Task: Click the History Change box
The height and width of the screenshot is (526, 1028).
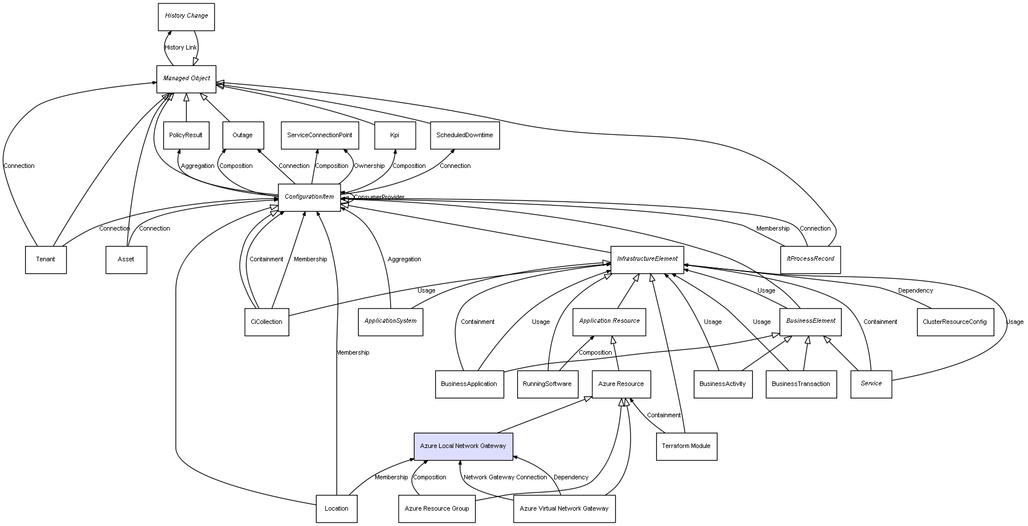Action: click(186, 17)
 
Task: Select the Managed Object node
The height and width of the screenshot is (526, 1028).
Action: click(186, 79)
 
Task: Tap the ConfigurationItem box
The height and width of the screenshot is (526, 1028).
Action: click(309, 198)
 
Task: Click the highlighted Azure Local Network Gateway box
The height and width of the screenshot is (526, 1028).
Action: click(463, 446)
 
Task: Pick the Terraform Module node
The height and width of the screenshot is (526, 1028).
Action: click(686, 446)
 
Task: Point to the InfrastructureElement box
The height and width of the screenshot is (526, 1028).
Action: click(647, 259)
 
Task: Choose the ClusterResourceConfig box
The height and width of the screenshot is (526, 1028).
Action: click(955, 322)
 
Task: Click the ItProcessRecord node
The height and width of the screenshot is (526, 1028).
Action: click(810, 259)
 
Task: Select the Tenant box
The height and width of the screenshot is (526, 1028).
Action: click(46, 260)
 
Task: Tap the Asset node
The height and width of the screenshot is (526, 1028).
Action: click(126, 260)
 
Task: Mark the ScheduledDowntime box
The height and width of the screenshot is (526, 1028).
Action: click(465, 135)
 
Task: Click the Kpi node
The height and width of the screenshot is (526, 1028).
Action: click(395, 135)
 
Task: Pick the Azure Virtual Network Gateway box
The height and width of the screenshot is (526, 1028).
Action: click(564, 509)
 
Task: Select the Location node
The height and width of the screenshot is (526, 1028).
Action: click(337, 509)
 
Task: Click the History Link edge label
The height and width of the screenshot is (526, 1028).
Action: click(181, 48)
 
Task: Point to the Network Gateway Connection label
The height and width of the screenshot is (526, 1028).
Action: click(505, 478)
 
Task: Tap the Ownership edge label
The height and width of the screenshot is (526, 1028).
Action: click(369, 166)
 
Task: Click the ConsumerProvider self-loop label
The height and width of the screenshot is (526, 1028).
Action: click(379, 198)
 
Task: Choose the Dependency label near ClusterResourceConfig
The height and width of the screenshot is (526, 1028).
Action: click(915, 291)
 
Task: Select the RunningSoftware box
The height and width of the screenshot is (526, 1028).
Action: click(547, 384)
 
